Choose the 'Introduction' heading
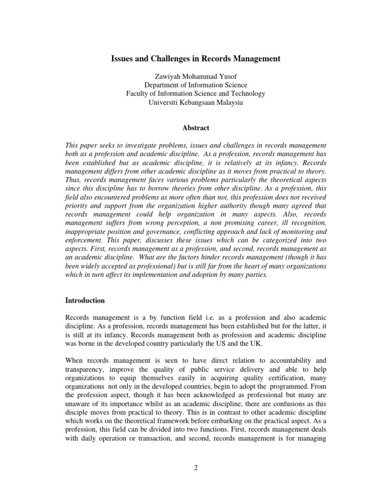pyautogui.click(x=85, y=300)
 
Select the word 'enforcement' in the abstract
pyautogui.click(x=84, y=241)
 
